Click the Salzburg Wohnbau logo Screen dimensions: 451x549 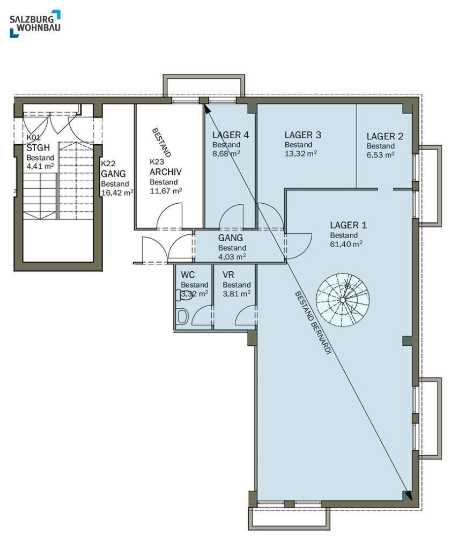pos(35,24)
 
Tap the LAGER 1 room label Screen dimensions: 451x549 pos(349,225)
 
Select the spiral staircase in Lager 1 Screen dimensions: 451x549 pos(343,300)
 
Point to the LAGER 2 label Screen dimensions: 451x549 pos(385,136)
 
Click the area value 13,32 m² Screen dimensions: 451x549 pos(300,153)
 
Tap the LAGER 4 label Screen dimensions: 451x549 pos(231,135)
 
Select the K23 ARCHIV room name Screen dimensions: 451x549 pos(166,168)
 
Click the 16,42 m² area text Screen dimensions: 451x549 pos(117,192)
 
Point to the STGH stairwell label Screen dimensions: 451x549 pos(38,148)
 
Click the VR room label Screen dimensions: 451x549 pos(228,275)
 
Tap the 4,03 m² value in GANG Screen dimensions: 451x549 pos(232,257)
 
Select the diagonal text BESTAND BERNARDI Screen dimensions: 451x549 pos(313,323)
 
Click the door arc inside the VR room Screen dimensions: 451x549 pos(244,311)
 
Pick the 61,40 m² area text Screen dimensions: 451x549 pos(346,244)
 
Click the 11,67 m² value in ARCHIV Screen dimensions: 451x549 pos(166,191)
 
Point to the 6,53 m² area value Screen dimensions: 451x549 pos(381,155)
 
